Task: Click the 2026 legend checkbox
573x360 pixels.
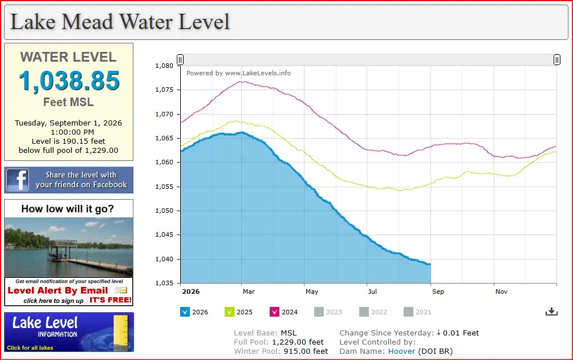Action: click(x=185, y=312)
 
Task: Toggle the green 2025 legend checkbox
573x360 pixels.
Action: click(x=230, y=312)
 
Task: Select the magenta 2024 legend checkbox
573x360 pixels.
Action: click(x=274, y=312)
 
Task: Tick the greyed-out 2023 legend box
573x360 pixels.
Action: click(x=319, y=312)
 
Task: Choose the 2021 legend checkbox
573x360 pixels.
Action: click(x=409, y=312)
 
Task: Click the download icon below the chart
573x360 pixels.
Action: click(x=551, y=312)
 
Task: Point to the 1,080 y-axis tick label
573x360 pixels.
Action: click(x=164, y=66)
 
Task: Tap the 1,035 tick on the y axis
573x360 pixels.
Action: click(x=164, y=283)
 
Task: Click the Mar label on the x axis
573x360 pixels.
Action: click(x=249, y=292)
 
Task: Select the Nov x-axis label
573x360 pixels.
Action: click(x=501, y=292)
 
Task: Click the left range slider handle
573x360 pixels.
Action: click(x=180, y=60)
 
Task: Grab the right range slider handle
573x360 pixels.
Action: click(x=556, y=60)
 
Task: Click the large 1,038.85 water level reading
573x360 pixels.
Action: click(x=69, y=81)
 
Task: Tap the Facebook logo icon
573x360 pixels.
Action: click(x=17, y=180)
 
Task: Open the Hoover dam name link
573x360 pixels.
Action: click(x=401, y=351)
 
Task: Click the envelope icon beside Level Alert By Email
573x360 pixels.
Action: click(x=121, y=290)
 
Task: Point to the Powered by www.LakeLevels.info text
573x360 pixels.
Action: click(x=239, y=73)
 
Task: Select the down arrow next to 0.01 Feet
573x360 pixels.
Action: click(x=438, y=333)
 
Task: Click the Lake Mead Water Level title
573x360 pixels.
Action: click(x=120, y=22)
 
